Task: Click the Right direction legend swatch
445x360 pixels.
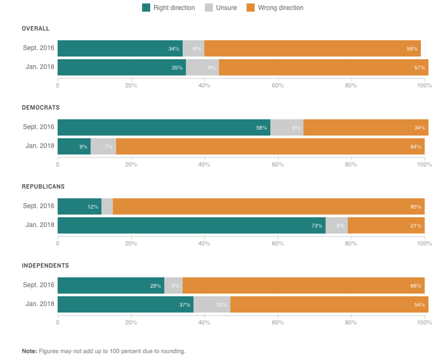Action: click(146, 8)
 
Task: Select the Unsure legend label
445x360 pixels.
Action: click(227, 8)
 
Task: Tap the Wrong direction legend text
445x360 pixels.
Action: click(281, 8)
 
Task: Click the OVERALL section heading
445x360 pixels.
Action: click(36, 29)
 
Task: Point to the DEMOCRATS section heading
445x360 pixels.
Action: click(41, 108)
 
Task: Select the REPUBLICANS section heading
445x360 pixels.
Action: click(43, 187)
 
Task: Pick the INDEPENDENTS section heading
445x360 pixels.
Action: click(45, 266)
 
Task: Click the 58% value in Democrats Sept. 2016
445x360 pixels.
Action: click(262, 128)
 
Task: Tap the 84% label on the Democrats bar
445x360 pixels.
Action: click(416, 147)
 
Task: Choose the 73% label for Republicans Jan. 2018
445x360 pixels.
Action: click(317, 226)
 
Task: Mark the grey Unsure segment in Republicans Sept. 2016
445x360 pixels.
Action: click(107, 207)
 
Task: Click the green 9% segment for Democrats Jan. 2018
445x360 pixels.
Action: click(74, 147)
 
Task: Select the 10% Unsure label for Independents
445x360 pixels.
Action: click(221, 305)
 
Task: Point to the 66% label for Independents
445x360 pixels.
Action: click(416, 286)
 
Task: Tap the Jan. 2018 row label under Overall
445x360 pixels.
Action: click(40, 67)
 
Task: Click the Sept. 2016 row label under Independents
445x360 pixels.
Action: click(39, 285)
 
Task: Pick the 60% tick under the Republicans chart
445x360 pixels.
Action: click(277, 243)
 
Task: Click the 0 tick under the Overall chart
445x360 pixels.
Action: click(58, 85)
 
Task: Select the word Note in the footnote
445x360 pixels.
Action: click(30, 351)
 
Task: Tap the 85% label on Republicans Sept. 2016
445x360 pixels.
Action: click(416, 207)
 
